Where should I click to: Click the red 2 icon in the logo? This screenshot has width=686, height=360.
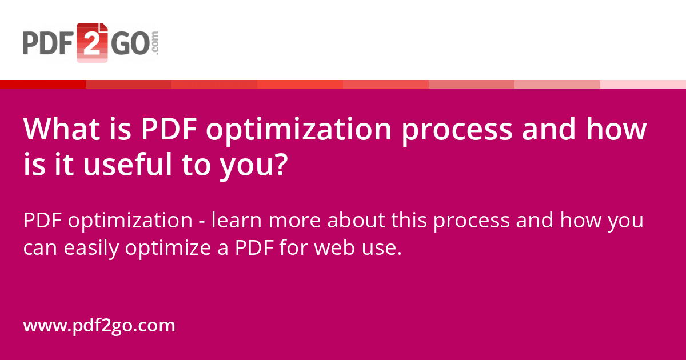tap(92, 43)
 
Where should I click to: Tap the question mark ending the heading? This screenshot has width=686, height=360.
tap(278, 166)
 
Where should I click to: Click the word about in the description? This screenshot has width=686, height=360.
tap(354, 221)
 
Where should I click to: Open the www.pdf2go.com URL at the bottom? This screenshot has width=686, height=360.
tap(99, 326)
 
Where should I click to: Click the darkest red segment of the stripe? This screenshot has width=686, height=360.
tap(43, 84)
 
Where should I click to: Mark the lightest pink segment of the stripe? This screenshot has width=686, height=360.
tap(643, 84)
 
